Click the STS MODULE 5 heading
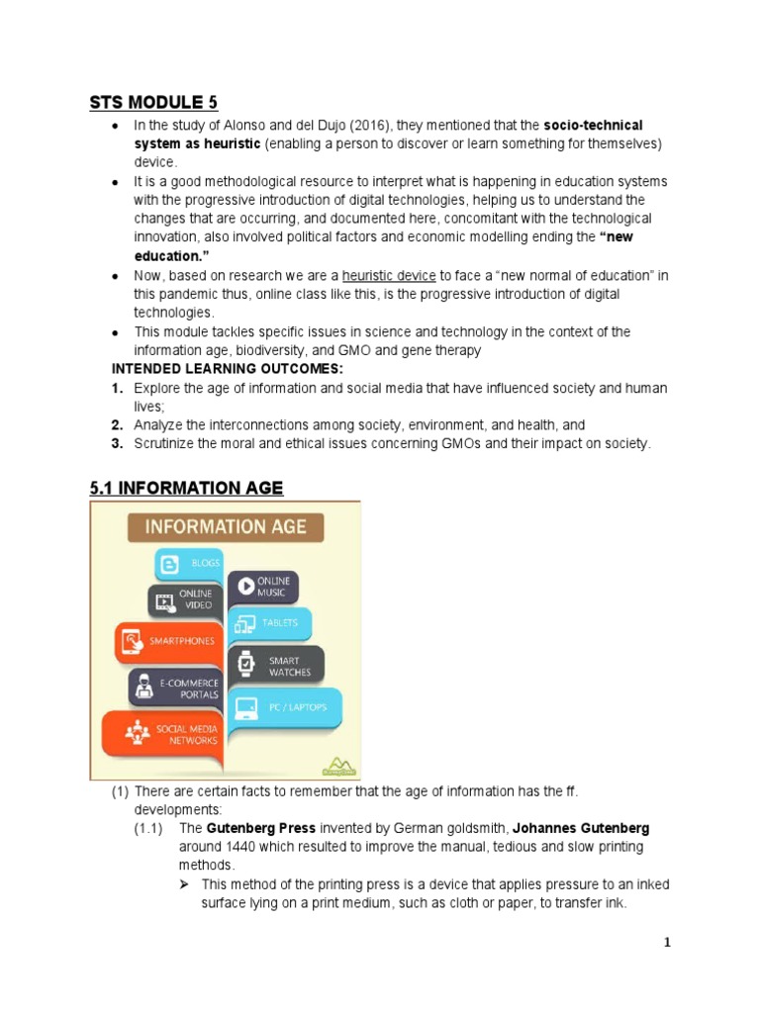(x=153, y=102)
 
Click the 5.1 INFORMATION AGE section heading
(x=186, y=488)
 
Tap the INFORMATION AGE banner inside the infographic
(x=226, y=526)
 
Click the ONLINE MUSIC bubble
(x=262, y=587)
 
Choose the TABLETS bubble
(x=270, y=623)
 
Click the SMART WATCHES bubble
(x=277, y=666)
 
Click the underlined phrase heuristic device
(x=389, y=275)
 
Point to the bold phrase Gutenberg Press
(x=247, y=828)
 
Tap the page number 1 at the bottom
(x=667, y=943)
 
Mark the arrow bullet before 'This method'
(x=185, y=884)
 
